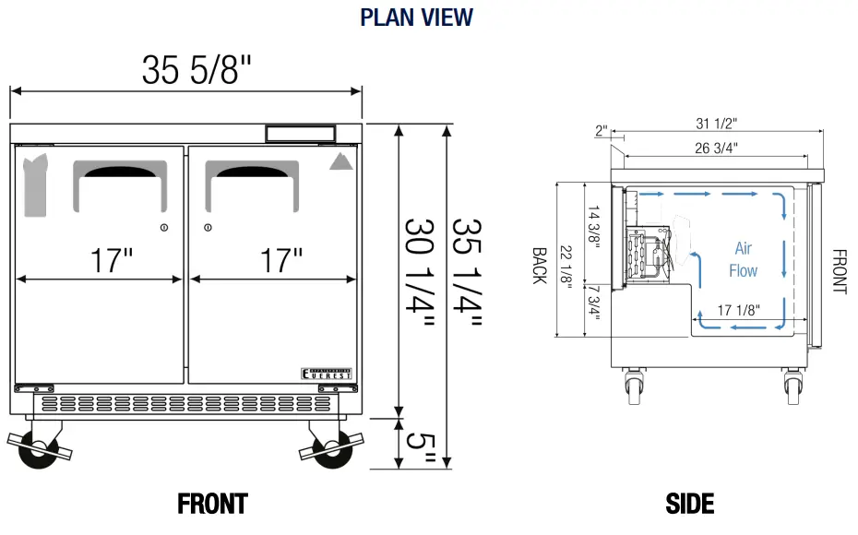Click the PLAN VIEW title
[416, 17]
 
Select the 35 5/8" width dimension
[197, 70]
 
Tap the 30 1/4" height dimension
[420, 273]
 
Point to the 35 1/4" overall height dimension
[467, 273]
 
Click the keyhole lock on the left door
[164, 228]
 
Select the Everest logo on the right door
[328, 372]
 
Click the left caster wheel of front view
[38, 449]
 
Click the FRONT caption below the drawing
[212, 504]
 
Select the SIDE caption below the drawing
[689, 504]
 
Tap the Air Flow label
[744, 259]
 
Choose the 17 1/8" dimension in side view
[737, 310]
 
